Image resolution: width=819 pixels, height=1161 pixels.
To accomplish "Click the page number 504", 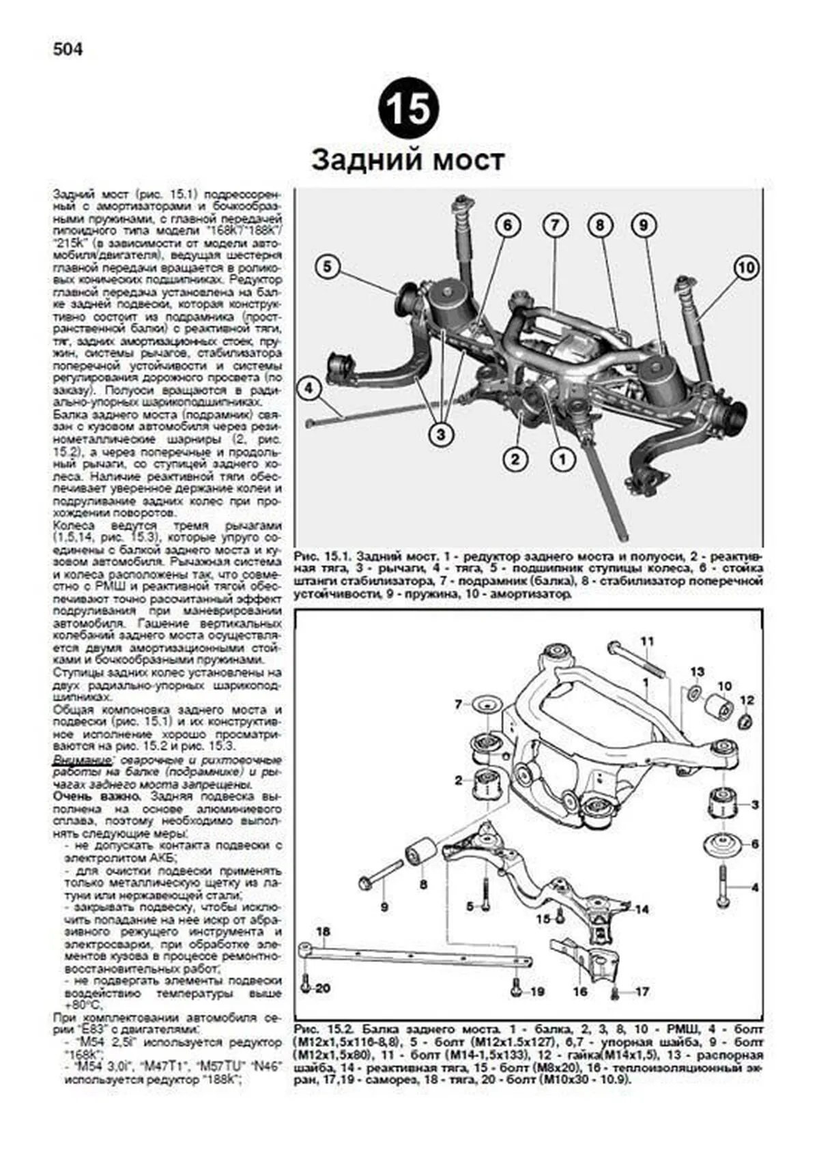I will pos(67,50).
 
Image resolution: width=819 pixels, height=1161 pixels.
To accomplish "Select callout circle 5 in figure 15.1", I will pos(328,267).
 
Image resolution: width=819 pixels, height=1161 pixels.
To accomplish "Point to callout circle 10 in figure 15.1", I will pos(747,268).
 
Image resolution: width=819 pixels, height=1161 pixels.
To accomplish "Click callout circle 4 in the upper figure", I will pos(308,389).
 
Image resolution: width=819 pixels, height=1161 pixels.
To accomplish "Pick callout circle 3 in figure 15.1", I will pos(442,433).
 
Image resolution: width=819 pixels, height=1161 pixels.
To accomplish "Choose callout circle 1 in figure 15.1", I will pos(562,459).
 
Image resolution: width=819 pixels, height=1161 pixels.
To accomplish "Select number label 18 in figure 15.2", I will pos(323,931).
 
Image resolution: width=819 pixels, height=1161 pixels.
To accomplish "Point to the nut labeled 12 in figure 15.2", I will pos(745,721).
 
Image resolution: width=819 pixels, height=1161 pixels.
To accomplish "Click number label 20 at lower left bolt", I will pos(322,989).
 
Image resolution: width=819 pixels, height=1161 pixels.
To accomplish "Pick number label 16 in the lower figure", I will pos(579,991).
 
